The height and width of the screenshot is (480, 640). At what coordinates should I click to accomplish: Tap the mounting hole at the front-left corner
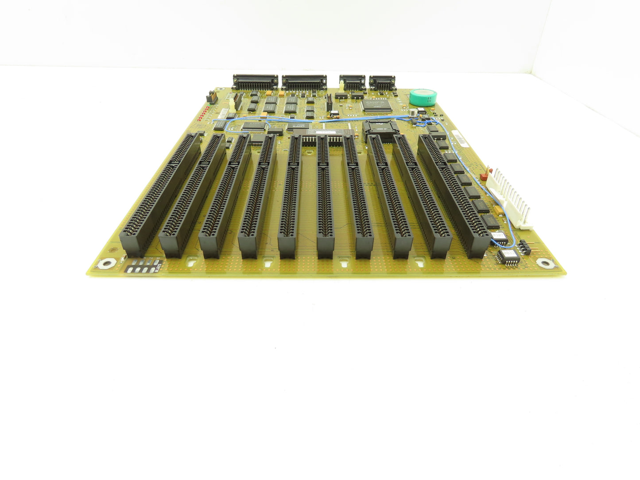click(x=105, y=264)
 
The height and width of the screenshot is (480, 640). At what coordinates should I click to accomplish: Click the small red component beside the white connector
click(x=489, y=174)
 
